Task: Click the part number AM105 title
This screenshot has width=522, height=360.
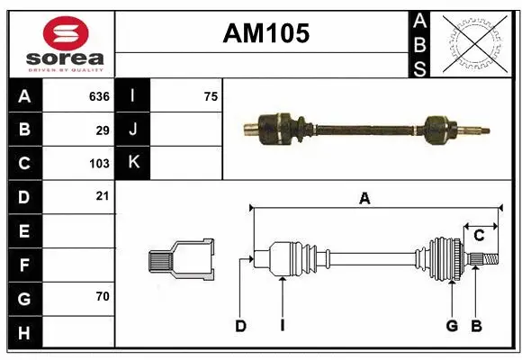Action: coord(265,34)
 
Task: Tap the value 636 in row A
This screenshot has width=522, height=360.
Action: coord(98,96)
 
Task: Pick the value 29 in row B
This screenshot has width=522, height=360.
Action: coord(103,130)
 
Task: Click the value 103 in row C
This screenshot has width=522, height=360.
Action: coord(98,164)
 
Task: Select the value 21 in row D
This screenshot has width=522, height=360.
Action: coord(103,195)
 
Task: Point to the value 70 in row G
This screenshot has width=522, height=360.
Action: coord(102,296)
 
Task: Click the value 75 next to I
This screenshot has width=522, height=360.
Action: coord(211,96)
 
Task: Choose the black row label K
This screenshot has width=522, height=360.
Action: coord(133,163)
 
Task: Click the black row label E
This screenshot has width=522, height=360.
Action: coord(24,231)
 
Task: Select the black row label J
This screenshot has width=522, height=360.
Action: coord(133,130)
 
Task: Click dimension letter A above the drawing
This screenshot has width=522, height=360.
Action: coord(364,200)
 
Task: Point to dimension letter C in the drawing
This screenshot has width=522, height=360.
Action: coord(480,235)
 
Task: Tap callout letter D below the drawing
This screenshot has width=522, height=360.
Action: coord(240,326)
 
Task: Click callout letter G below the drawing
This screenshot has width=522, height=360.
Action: coord(452,326)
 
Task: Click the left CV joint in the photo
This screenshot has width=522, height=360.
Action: coord(277,128)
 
